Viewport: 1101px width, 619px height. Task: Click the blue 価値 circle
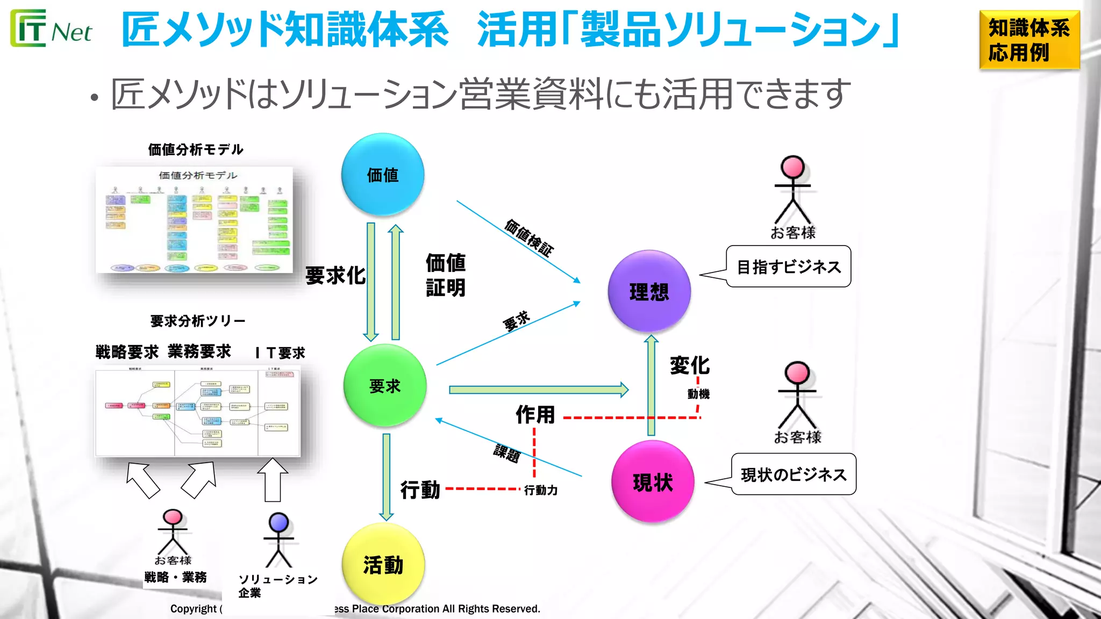click(382, 175)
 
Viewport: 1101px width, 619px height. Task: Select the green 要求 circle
click(384, 385)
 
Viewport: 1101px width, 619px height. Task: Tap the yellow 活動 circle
click(383, 564)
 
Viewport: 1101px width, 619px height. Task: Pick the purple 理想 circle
click(649, 291)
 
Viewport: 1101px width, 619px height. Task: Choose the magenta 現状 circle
click(652, 481)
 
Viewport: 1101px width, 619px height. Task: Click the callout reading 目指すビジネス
click(788, 267)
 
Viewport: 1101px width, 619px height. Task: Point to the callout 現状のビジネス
click(793, 474)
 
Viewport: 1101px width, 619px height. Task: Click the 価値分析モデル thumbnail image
click(195, 220)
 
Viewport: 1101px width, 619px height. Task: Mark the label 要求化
click(335, 276)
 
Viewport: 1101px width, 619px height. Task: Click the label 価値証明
click(446, 275)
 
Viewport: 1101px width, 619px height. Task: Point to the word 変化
click(690, 365)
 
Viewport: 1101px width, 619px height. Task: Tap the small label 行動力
click(541, 490)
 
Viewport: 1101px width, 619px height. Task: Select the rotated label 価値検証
click(529, 238)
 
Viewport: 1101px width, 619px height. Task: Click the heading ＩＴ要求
click(280, 353)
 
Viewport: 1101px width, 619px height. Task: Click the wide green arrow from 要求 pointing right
click(538, 390)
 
